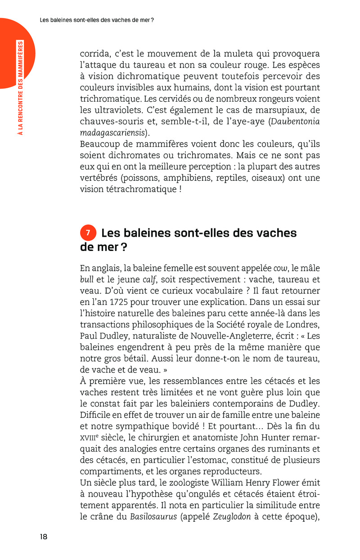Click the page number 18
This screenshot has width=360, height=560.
[x=44, y=536]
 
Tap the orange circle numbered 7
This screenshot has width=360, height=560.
[x=88, y=233]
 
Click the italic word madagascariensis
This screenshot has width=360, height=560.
[x=113, y=133]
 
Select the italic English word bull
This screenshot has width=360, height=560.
[x=86, y=279]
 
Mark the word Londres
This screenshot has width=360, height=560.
[x=301, y=324]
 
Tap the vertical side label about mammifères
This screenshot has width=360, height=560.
[x=20, y=87]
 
